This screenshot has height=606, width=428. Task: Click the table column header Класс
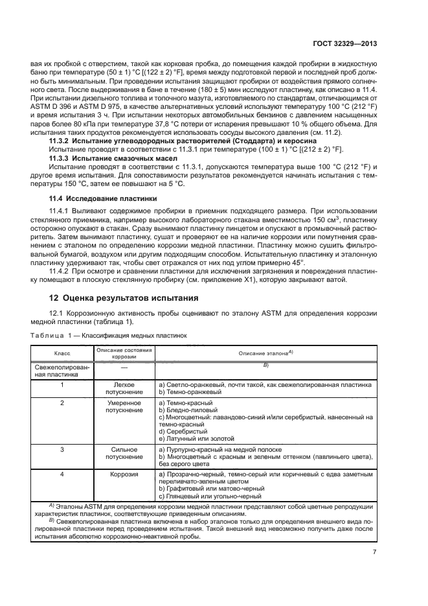click(x=62, y=353)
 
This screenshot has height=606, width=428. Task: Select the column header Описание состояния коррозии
click(x=123, y=354)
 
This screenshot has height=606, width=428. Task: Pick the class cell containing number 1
click(x=62, y=384)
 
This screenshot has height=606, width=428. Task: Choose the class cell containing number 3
click(x=62, y=448)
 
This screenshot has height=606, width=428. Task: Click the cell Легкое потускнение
click(x=123, y=388)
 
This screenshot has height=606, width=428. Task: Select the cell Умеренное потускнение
click(x=123, y=406)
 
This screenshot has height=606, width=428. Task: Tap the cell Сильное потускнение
click(x=123, y=452)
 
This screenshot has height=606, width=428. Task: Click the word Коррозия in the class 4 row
click(x=123, y=474)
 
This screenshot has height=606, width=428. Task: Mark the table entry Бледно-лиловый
click(x=189, y=410)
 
